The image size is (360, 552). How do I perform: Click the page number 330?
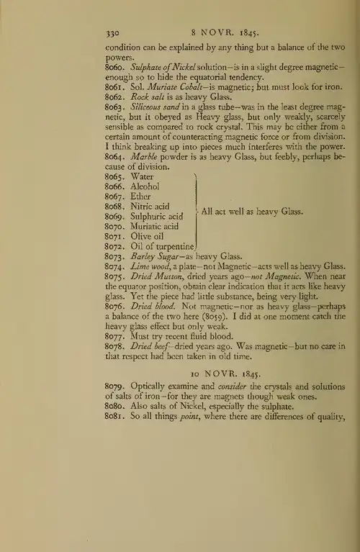tap(112, 32)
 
